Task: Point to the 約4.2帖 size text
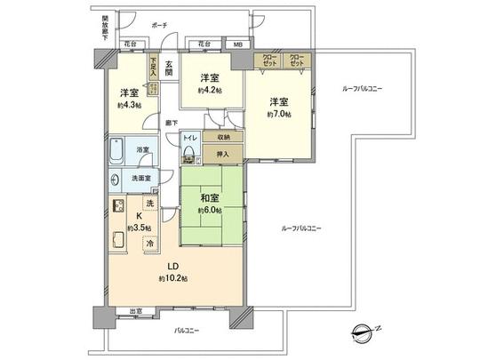click(210, 89)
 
